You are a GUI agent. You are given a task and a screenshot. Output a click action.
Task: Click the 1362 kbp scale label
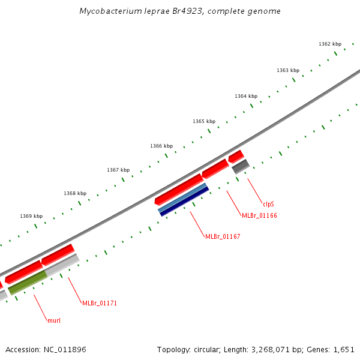[329, 44]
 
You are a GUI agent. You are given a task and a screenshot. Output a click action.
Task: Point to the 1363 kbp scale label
[287, 70]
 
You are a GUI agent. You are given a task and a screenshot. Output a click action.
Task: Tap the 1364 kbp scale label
[245, 96]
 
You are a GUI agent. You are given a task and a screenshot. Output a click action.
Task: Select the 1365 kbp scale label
[203, 121]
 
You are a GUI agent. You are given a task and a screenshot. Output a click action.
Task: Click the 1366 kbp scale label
[161, 146]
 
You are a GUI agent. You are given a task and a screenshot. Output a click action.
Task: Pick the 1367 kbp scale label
[118, 170]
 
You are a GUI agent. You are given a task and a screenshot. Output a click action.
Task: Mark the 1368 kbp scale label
[75, 193]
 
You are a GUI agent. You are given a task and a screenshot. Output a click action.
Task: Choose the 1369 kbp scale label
[31, 216]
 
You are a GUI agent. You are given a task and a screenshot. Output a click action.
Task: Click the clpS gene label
[268, 204]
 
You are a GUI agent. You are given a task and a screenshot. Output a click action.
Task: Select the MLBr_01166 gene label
[259, 215]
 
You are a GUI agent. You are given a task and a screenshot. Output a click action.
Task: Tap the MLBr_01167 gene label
[223, 237]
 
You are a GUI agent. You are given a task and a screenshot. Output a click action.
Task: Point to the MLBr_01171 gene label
[100, 303]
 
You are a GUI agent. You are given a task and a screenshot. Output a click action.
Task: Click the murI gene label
[53, 320]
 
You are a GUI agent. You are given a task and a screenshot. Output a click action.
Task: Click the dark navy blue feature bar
[184, 202]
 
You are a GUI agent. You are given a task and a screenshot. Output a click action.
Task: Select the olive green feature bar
[28, 282]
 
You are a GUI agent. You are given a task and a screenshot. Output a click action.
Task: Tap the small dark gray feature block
[241, 166]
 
